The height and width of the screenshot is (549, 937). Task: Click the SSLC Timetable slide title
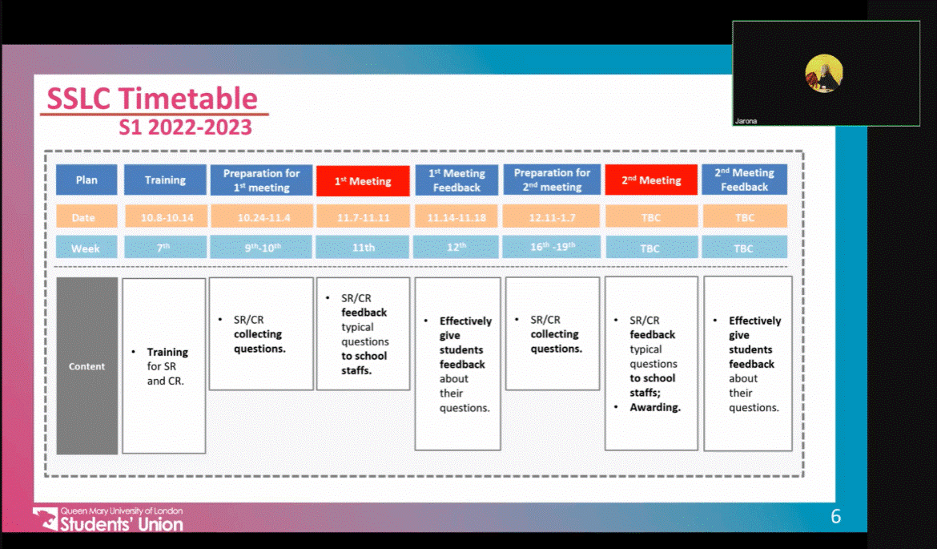coord(152,99)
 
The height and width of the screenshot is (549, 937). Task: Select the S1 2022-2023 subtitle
coord(185,127)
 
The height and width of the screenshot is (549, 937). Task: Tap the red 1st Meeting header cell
coord(363,180)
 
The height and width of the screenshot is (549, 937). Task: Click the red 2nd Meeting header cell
coord(650,180)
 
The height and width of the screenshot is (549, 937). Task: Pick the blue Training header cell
coord(165,180)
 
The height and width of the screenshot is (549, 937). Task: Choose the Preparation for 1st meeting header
coord(261,180)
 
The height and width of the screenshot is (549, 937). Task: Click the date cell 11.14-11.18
coord(456,217)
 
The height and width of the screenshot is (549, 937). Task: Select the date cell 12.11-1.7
coord(552,217)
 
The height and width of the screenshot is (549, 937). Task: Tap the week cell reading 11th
coord(363,248)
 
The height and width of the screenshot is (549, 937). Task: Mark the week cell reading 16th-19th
coord(552,248)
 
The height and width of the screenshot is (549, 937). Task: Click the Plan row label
coord(86,180)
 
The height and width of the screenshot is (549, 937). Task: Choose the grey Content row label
coord(86,366)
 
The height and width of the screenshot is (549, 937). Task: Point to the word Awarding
coord(655,407)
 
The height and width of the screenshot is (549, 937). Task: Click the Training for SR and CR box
coord(163,366)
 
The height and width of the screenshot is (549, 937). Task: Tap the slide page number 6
coord(835,517)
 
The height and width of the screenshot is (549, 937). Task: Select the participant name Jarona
coord(745,122)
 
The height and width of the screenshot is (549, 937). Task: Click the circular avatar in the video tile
coord(824,74)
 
